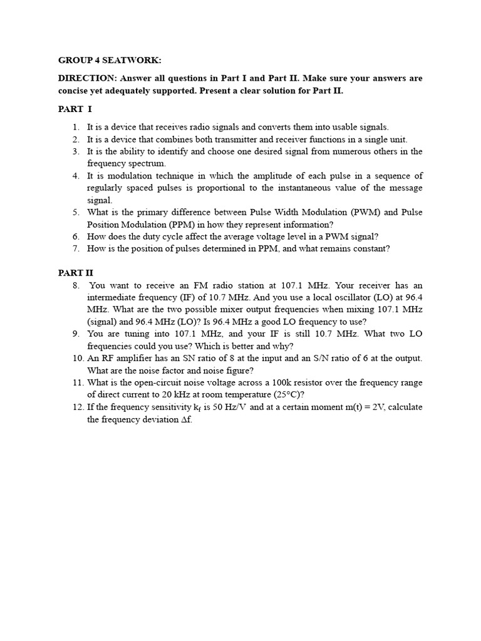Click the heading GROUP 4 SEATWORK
tap(110, 60)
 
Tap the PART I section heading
tap(75, 109)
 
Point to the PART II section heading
tap(76, 273)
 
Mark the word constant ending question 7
tap(370, 249)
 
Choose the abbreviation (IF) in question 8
tap(217, 297)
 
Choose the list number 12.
tap(76, 407)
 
